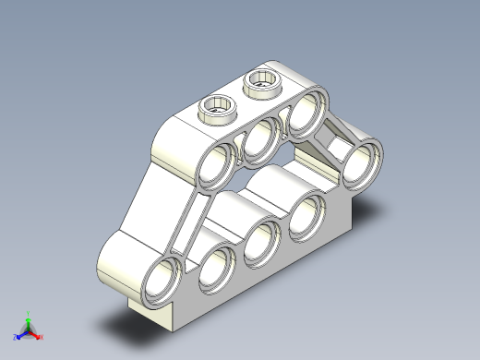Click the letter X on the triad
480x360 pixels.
coord(42,338)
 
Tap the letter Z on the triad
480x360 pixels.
coord(15,338)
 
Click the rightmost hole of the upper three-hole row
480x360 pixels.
coord(304,116)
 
